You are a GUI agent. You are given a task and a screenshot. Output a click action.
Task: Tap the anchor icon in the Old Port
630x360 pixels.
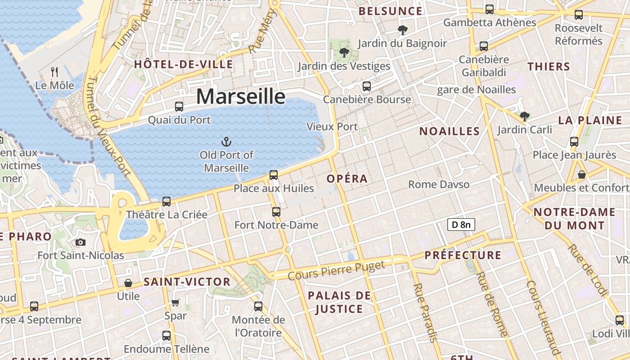(x=226, y=142)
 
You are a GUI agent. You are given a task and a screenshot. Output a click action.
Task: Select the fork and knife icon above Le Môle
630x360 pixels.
(x=54, y=72)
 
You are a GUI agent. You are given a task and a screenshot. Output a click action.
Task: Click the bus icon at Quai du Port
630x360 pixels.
(x=179, y=107)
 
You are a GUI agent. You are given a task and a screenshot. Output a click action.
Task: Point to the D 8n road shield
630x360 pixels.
(x=461, y=224)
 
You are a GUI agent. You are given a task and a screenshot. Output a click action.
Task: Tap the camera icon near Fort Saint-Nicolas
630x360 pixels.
(x=81, y=243)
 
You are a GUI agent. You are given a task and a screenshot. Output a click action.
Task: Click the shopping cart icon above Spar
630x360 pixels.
(x=175, y=302)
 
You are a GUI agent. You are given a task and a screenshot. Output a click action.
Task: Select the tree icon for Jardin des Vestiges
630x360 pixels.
(x=344, y=53)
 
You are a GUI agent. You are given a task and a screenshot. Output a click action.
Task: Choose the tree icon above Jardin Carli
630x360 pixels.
(x=524, y=117)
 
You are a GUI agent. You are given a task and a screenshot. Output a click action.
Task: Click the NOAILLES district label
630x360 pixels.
(x=450, y=131)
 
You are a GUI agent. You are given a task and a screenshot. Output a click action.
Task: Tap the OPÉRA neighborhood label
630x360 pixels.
(x=347, y=179)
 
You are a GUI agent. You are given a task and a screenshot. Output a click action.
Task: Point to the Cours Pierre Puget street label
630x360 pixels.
(x=337, y=270)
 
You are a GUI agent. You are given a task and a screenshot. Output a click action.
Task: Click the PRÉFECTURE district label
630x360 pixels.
(x=463, y=256)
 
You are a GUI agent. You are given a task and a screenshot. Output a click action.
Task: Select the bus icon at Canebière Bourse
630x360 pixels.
(x=367, y=86)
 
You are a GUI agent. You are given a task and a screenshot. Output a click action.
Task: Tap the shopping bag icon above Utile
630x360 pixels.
(x=128, y=283)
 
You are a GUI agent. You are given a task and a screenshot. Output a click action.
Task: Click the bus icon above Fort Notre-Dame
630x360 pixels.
(x=276, y=211)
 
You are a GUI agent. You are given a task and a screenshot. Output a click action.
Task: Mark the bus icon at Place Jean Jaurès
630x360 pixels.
(x=574, y=141)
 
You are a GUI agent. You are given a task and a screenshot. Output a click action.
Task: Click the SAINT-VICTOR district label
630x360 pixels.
(x=187, y=282)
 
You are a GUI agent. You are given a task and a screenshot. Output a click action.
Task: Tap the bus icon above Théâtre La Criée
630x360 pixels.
(x=166, y=201)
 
